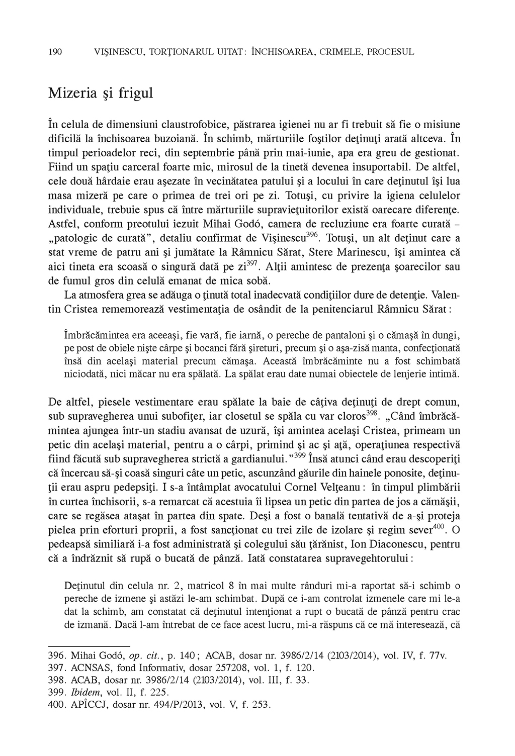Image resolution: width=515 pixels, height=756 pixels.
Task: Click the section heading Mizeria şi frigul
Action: [101, 93]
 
